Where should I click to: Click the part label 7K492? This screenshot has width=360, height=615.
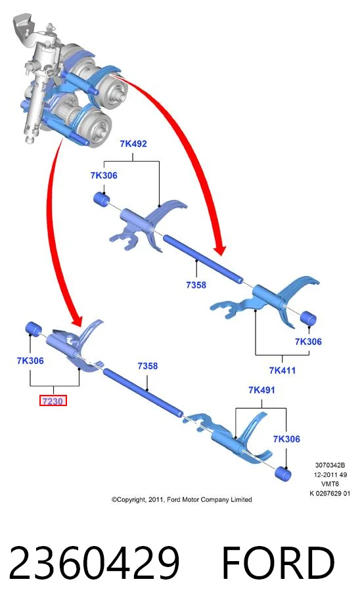[x=133, y=144]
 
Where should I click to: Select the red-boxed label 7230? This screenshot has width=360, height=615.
[x=53, y=401]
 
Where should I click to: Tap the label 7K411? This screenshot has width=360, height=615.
[x=282, y=371]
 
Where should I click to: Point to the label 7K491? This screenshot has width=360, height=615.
[x=261, y=390]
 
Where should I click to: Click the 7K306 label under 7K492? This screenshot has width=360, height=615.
[x=104, y=175]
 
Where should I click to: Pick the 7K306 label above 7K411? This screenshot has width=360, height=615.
[x=308, y=342]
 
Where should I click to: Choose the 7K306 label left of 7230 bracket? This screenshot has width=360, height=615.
[x=30, y=361]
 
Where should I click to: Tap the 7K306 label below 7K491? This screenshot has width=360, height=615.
[x=286, y=439]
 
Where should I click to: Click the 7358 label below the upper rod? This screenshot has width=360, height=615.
[x=196, y=285]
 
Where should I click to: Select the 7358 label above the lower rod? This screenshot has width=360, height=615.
[x=147, y=366]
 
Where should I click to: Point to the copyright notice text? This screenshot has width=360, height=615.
[x=181, y=499]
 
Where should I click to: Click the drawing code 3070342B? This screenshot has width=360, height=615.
[x=330, y=465]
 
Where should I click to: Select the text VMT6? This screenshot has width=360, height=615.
[x=330, y=484]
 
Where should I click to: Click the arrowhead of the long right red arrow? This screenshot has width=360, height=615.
[x=219, y=247]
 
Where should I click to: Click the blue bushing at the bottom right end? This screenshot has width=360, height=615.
[x=283, y=474]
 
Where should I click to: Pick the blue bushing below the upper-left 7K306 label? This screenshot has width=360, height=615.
[x=102, y=199]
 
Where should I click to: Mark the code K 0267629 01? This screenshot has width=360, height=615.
[x=330, y=493]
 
